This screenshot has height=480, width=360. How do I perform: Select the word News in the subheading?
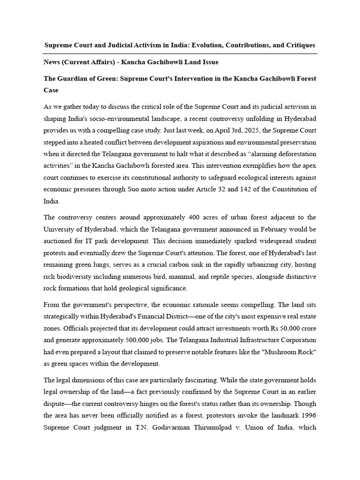tap(53, 62)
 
